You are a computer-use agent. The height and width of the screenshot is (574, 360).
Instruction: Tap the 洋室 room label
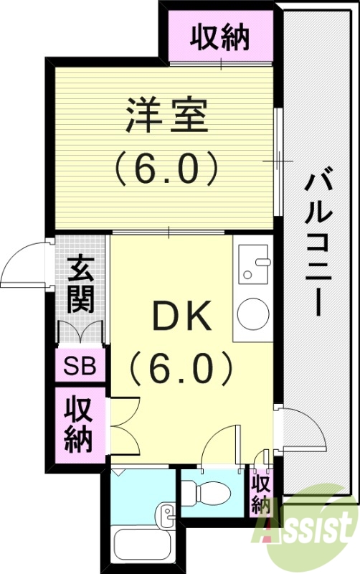(167, 115)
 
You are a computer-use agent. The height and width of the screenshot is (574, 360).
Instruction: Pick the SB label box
(80, 367)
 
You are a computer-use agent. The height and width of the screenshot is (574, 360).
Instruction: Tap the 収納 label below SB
(80, 425)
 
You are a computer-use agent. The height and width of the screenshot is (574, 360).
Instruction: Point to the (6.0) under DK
(181, 370)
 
